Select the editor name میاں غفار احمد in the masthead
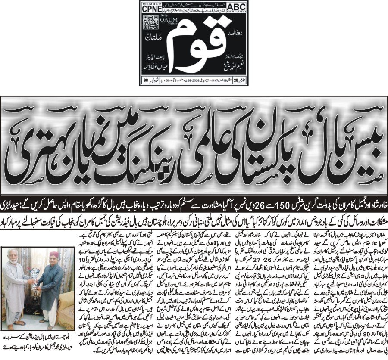click(x=155, y=67)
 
